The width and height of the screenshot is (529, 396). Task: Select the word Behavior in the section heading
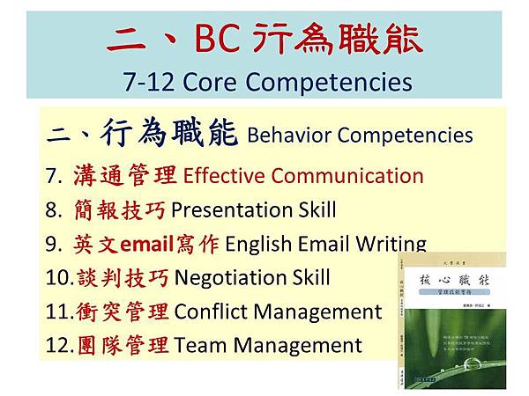(287, 136)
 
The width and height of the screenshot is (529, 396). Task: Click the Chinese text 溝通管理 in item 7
(124, 175)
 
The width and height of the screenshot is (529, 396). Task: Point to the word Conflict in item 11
(212, 312)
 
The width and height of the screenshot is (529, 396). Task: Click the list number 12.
(57, 345)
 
